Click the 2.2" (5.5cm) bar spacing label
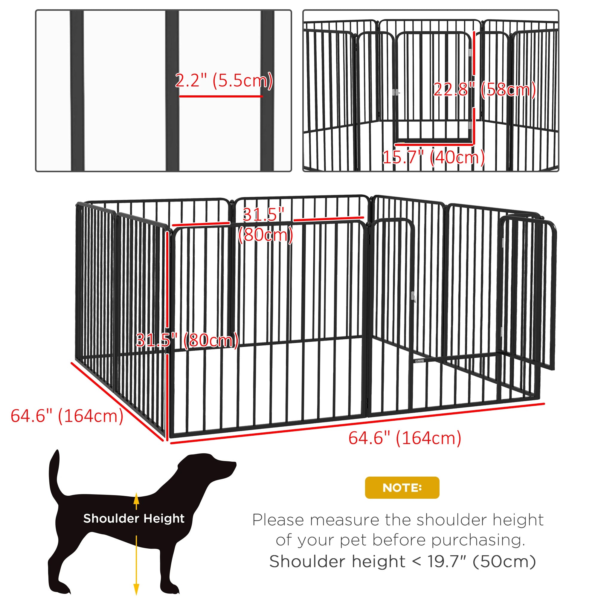coord(224,80)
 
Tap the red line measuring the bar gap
coord(221,96)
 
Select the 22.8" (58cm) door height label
coord(484,90)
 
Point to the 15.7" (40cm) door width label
coord(433,157)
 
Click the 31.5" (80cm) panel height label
coord(187,340)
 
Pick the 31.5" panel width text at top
coord(263,214)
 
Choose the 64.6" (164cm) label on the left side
coord(67,416)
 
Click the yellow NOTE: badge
coord(402,487)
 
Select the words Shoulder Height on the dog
coord(134,518)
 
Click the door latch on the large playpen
coord(413,297)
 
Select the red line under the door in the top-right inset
coord(433,144)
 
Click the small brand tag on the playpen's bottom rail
coord(419,361)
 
